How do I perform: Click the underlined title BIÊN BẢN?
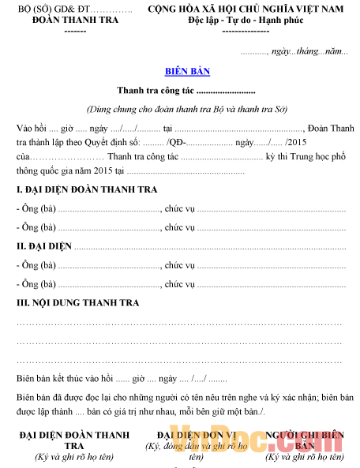187,71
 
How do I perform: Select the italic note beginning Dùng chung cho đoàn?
186,109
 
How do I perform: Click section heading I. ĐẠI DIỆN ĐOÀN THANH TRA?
87,189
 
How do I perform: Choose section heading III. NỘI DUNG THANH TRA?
77,303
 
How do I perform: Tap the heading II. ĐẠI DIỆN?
44,246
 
